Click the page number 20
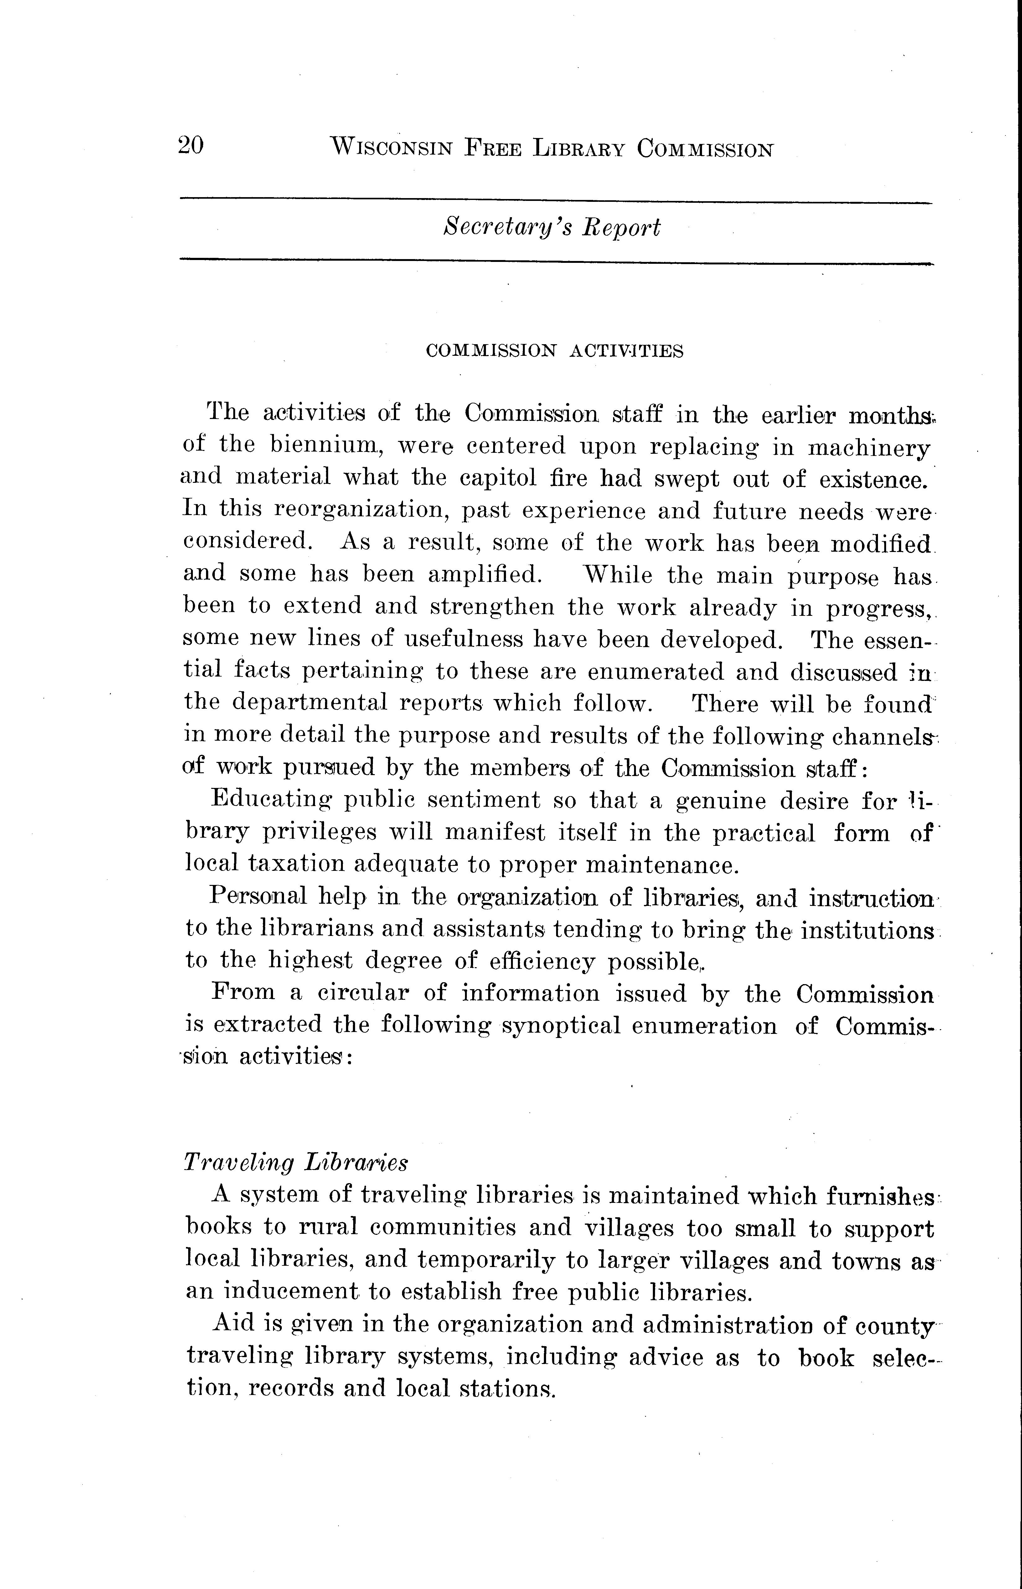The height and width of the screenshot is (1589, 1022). pos(190,145)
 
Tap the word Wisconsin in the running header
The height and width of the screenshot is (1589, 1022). pos(391,147)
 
